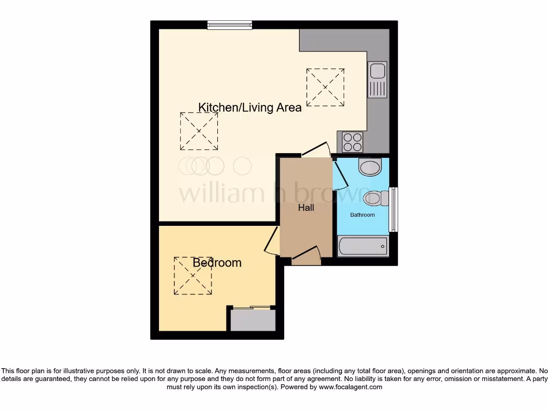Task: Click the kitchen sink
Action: [378, 80]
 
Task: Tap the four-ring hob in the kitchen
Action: [351, 142]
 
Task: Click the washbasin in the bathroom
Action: [370, 168]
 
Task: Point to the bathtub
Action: [363, 246]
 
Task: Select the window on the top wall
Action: [230, 25]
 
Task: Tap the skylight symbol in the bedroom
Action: [193, 276]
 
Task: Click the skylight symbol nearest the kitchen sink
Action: [325, 87]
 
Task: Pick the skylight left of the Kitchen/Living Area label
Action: [199, 131]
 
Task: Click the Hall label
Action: [306, 208]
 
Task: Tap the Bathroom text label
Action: [362, 215]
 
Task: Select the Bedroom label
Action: [217, 263]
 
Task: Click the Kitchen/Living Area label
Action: [250, 108]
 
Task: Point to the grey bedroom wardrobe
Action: [253, 320]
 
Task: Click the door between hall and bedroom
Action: [272, 240]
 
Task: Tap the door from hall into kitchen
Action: [316, 150]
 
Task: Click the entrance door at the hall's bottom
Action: [307, 255]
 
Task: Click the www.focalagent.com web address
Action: [350, 387]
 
